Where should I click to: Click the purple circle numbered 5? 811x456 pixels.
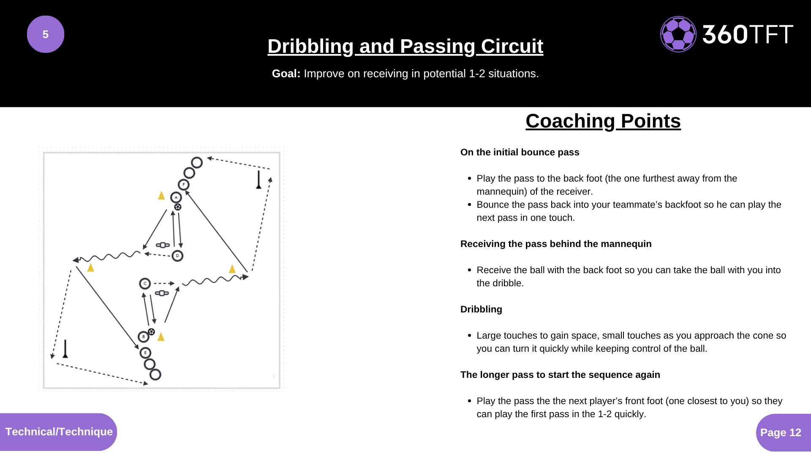46,34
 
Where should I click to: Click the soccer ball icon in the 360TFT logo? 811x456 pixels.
678,34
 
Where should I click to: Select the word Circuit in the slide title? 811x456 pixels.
512,46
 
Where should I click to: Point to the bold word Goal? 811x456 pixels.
286,73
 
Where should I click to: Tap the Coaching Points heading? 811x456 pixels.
603,121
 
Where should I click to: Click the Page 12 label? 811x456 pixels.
781,432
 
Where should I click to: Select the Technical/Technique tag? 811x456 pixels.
59,432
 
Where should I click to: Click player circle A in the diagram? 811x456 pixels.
176,197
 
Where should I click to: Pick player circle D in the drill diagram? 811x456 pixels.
177,255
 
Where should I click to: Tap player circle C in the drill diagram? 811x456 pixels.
145,283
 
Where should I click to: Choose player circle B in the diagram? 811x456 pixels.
144,337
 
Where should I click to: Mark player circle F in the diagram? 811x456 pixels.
184,185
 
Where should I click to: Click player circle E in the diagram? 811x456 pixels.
145,353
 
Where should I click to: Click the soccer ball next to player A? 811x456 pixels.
178,207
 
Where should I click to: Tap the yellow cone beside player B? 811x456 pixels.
161,337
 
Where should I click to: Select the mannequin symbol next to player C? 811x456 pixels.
162,293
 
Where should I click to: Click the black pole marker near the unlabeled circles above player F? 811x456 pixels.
259,180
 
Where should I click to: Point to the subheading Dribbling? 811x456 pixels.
481,309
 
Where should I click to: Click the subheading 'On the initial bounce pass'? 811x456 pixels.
520,152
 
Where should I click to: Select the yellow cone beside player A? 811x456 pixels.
161,195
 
